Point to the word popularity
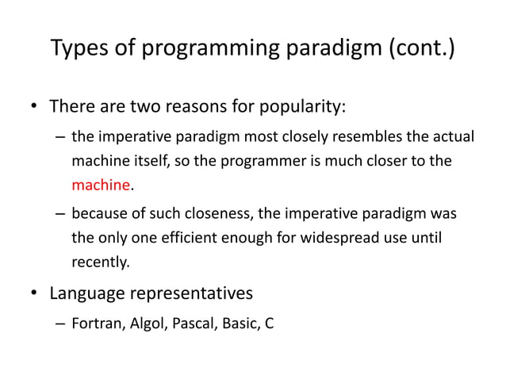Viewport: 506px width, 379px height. point(297,107)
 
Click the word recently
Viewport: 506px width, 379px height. point(98,261)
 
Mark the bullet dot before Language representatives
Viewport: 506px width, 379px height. point(33,294)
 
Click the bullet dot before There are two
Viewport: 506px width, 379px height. point(33,107)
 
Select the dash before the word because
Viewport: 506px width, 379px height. point(59,213)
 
